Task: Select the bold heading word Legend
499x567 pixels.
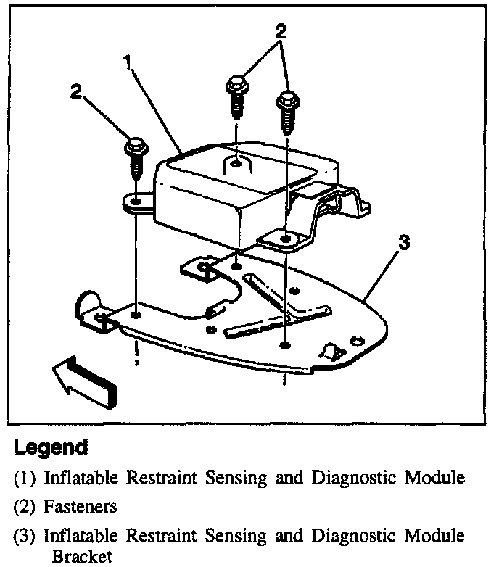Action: click(x=51, y=448)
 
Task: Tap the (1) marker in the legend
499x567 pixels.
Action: click(x=25, y=479)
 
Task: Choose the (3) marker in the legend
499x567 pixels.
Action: click(x=25, y=536)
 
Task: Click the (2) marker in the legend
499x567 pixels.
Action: click(x=25, y=507)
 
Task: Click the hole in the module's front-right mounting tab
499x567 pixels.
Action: click(x=287, y=237)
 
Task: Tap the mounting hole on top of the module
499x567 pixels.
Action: click(x=237, y=165)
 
